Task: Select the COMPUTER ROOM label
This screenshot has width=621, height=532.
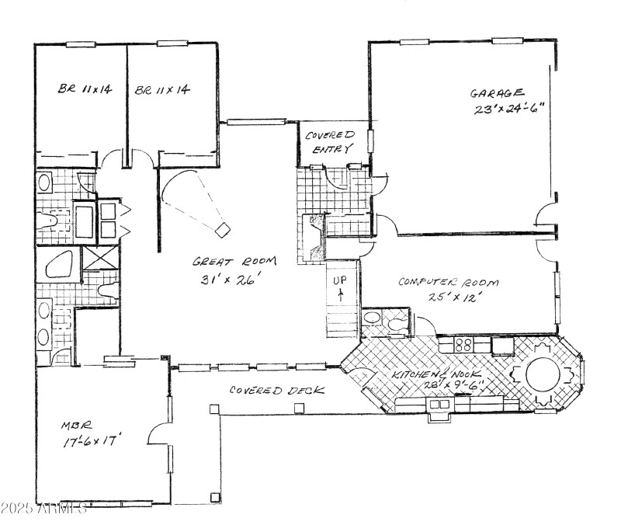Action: tap(448, 282)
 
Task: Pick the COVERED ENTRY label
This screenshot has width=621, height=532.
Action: tap(329, 141)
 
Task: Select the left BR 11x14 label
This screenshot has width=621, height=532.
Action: tap(85, 90)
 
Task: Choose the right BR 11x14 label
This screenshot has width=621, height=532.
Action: tap(161, 90)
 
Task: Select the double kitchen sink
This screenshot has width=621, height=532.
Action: tap(439, 404)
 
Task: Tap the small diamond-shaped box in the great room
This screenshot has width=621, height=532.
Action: tap(224, 228)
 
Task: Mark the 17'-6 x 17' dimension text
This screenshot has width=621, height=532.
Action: tap(92, 442)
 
